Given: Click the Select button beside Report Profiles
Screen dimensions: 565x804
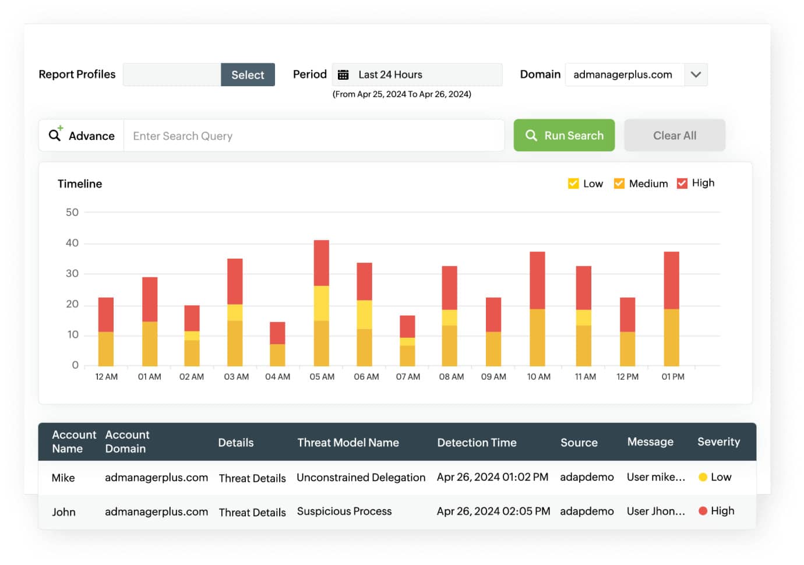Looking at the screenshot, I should click(x=248, y=75).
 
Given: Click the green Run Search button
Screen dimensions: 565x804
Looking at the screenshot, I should click(x=564, y=135).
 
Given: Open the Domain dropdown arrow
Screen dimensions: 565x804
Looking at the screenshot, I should click(x=696, y=75).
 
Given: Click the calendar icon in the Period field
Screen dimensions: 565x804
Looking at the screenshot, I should click(x=343, y=75).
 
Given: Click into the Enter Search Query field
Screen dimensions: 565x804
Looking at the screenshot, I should click(x=313, y=136).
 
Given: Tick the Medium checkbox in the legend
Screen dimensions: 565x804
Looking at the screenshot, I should click(x=619, y=183).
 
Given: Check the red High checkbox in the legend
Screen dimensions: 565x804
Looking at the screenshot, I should click(x=682, y=183).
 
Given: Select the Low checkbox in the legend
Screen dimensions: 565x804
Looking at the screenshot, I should click(x=573, y=183).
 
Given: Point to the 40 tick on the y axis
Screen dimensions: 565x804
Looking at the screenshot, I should click(x=72, y=243).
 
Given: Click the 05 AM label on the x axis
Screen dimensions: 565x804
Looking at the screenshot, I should click(x=322, y=377).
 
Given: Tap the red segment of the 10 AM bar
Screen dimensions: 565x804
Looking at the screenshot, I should click(x=537, y=280).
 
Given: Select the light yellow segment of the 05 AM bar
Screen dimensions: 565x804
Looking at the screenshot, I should click(x=321, y=303).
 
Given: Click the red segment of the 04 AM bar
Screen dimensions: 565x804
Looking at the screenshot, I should click(x=277, y=333).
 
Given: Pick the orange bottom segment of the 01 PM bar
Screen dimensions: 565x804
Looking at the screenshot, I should click(x=671, y=338).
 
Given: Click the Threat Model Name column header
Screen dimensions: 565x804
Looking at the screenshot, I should click(x=348, y=443).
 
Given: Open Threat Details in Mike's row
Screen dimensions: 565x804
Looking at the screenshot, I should click(x=252, y=478).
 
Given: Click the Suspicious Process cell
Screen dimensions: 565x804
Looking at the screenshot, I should click(x=344, y=511).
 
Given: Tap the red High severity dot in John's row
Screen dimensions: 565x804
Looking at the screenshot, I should click(x=703, y=511).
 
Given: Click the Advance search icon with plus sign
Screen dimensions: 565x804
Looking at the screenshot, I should click(x=55, y=134).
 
